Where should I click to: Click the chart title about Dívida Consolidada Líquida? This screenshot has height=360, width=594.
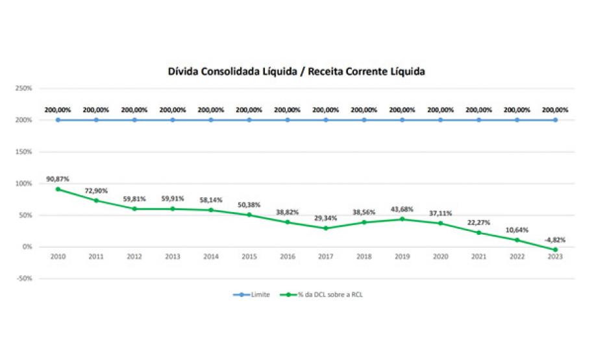[x=297, y=71]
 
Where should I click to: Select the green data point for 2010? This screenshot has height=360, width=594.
[x=58, y=189]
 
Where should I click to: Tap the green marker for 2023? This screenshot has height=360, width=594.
[x=556, y=250]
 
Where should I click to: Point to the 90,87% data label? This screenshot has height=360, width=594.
[x=58, y=179]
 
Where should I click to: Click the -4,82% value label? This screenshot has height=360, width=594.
[x=555, y=239]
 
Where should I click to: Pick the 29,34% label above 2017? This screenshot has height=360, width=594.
[x=326, y=218]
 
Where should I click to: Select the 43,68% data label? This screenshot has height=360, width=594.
[x=402, y=208]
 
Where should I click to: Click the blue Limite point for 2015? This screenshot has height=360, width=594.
[x=249, y=120]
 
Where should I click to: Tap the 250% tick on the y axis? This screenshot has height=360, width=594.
[x=25, y=88]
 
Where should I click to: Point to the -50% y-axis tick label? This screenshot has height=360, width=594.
[x=25, y=279]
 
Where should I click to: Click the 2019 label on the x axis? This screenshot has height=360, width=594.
[x=402, y=257]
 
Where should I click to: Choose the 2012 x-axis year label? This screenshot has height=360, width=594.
[x=134, y=257]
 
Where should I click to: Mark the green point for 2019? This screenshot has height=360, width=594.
[x=402, y=219]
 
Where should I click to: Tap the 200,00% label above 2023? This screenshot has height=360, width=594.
[x=555, y=110]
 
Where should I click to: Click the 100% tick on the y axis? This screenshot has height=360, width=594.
[x=25, y=184]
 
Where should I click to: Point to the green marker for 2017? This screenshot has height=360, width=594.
[x=326, y=228]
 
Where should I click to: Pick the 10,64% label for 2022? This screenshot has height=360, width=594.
[x=517, y=230]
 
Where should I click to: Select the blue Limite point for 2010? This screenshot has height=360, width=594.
[x=58, y=120]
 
